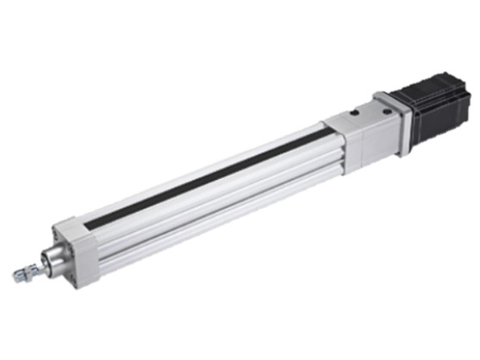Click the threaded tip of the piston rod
coord(18,276)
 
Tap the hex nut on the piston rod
coord(30,270)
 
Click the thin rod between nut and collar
coord(41,264)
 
